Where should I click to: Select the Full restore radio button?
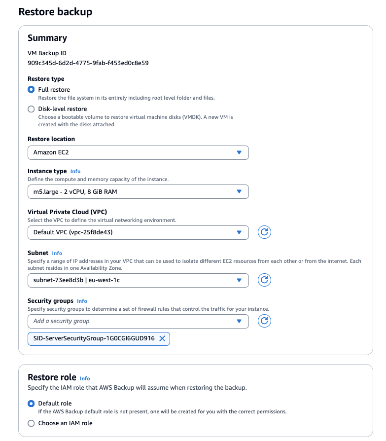(32, 90)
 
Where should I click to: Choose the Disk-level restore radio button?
(32, 109)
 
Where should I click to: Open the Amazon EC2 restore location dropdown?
(138, 152)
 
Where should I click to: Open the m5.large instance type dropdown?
(138, 191)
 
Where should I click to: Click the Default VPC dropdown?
(138, 232)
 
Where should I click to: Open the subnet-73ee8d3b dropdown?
(138, 280)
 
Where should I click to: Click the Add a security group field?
(138, 321)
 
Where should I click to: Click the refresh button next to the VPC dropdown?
(265, 232)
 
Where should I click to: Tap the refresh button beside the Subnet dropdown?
(265, 280)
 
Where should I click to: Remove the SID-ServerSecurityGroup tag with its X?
(162, 338)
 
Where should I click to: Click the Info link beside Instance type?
(75, 171)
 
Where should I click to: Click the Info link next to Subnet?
(57, 253)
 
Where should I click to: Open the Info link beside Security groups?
(82, 301)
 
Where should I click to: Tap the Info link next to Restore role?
(85, 378)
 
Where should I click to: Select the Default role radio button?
(32, 404)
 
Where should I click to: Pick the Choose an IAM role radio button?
(32, 423)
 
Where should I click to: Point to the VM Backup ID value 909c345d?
(88, 63)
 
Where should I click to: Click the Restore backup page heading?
(55, 12)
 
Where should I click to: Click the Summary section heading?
(47, 38)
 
